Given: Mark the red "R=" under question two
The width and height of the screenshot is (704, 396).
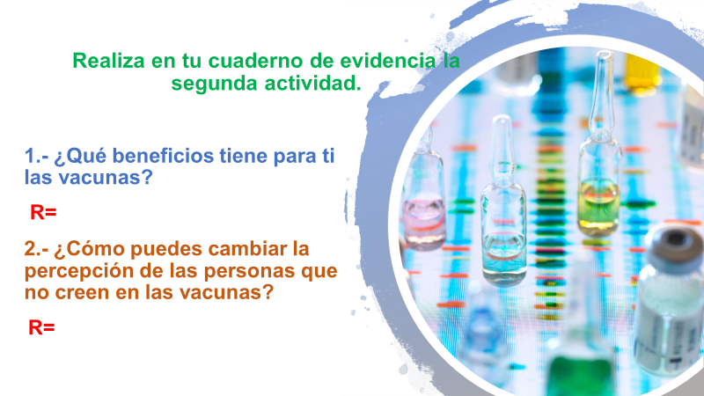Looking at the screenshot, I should point(41,327).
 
